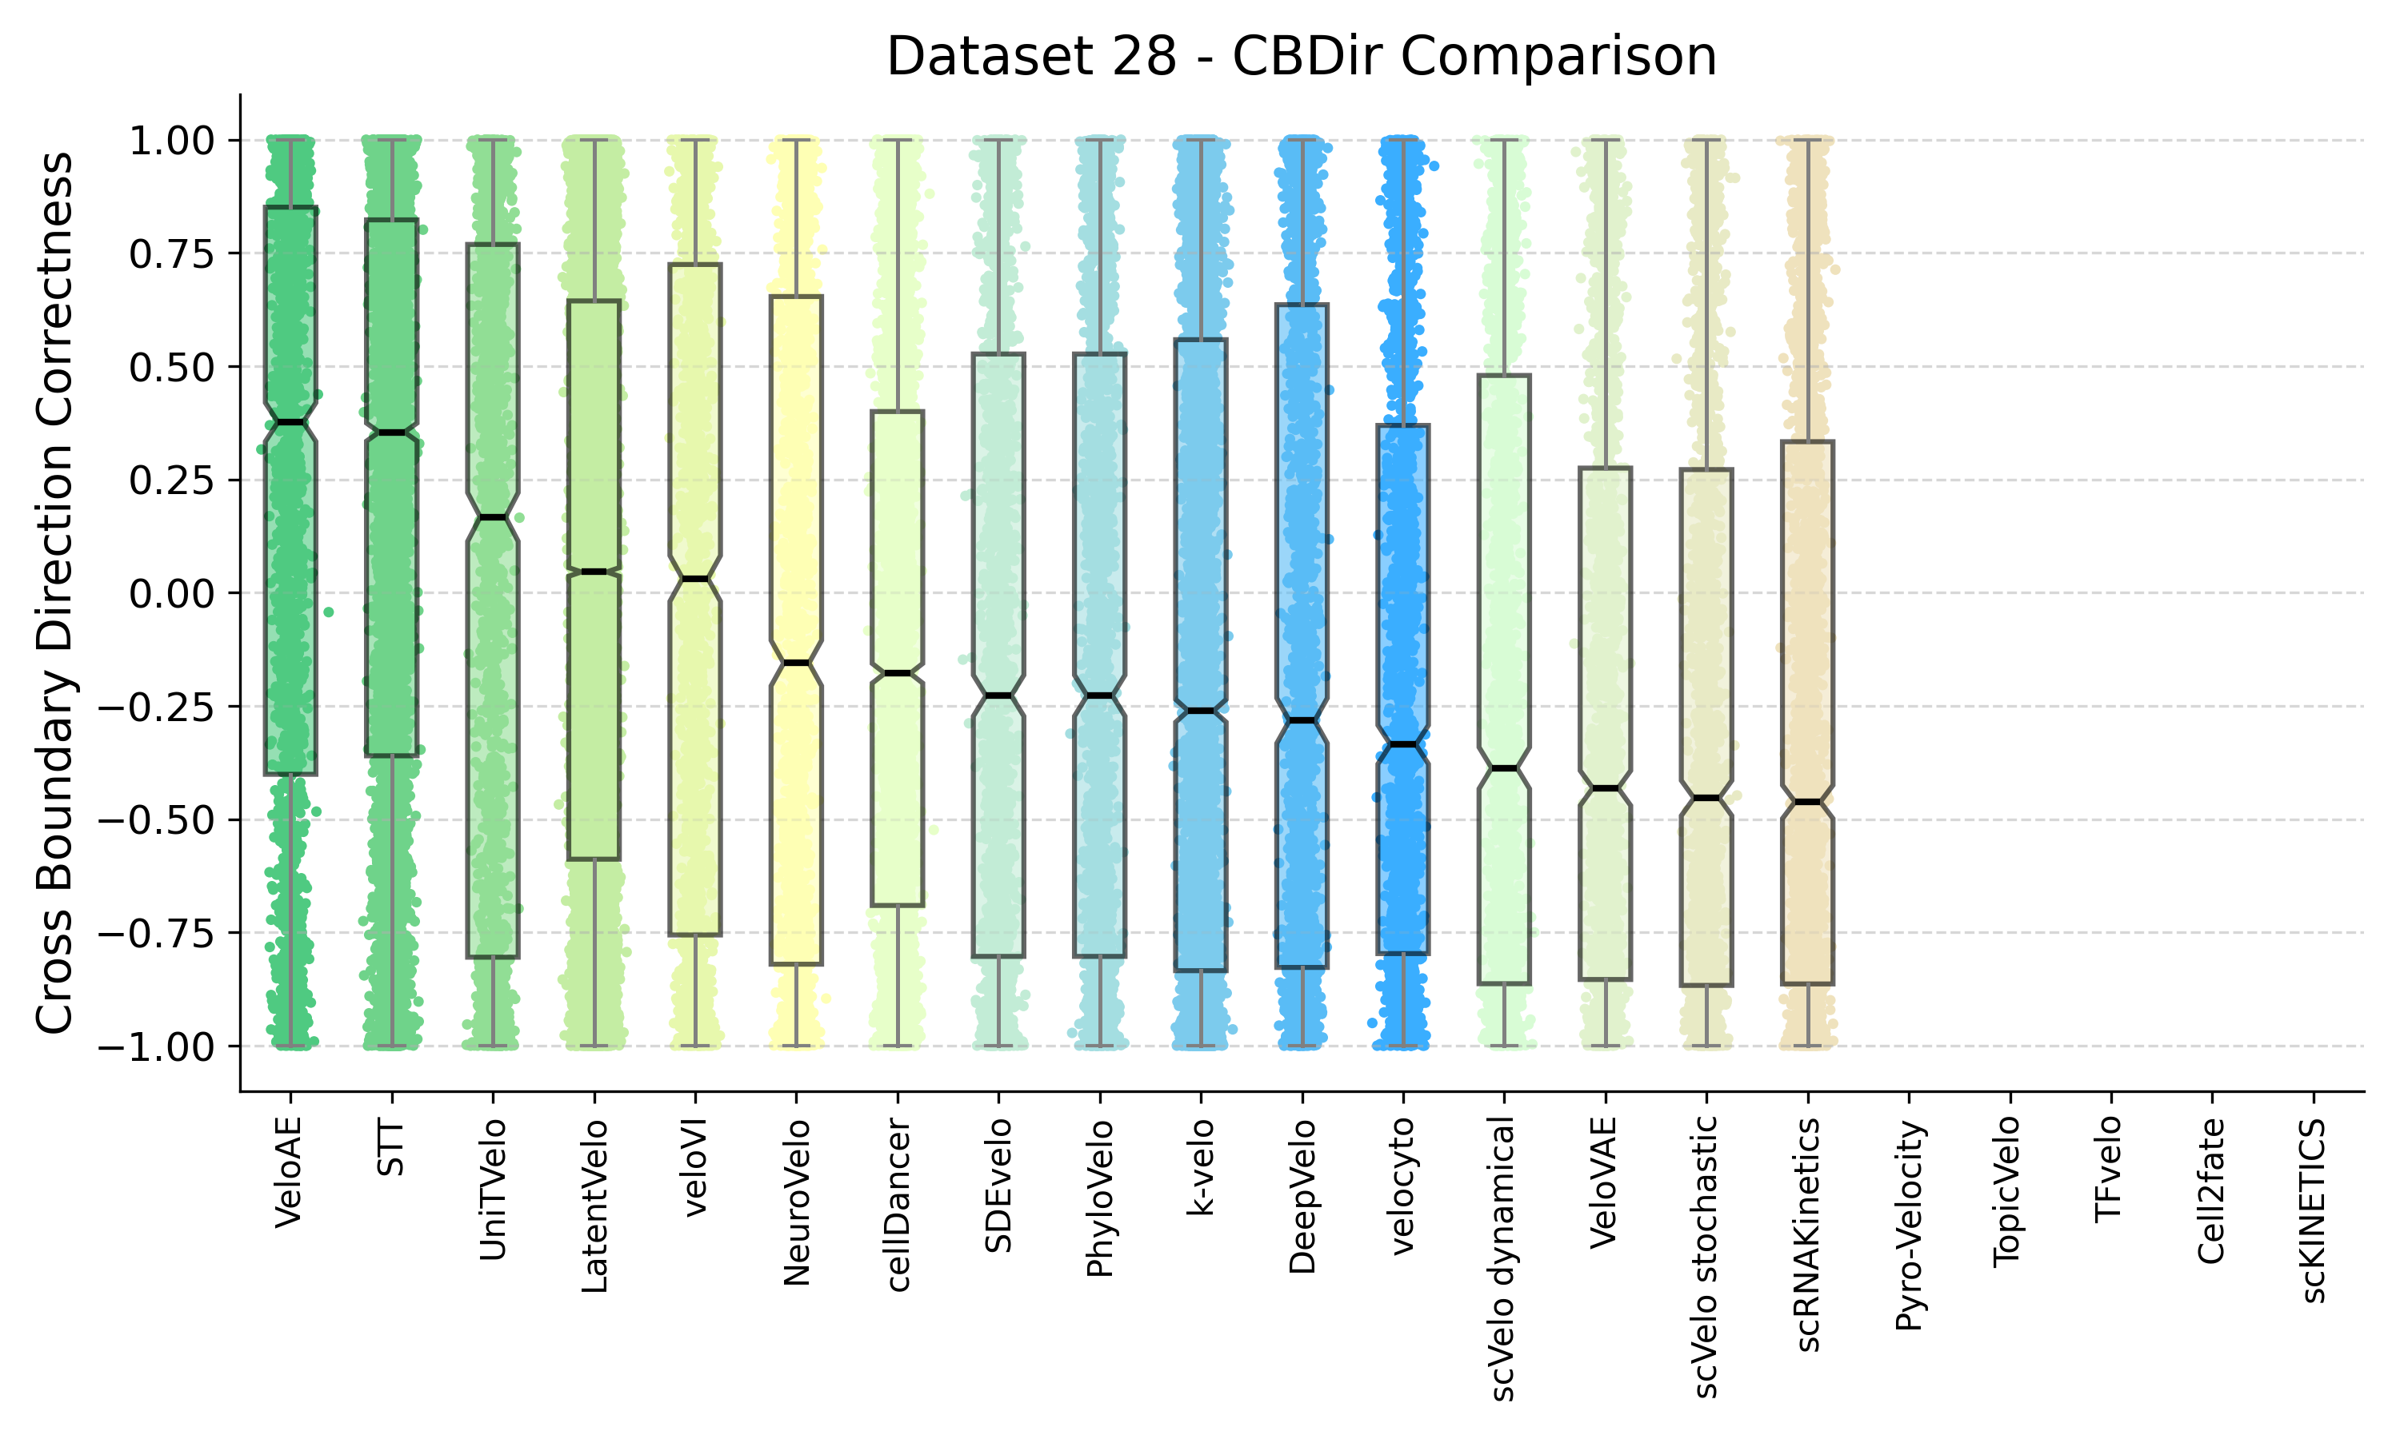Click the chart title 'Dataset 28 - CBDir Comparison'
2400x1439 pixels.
(x=1301, y=56)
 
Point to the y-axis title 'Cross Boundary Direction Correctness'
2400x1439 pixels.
(x=55, y=592)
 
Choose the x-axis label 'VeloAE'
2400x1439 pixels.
(x=289, y=1174)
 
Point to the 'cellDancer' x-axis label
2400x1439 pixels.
(x=898, y=1206)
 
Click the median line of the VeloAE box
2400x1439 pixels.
(x=291, y=422)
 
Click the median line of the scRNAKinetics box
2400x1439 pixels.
(x=1807, y=802)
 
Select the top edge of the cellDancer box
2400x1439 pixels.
(x=898, y=411)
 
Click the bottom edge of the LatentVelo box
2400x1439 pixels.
(x=594, y=859)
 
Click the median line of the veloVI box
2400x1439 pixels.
(x=694, y=579)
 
